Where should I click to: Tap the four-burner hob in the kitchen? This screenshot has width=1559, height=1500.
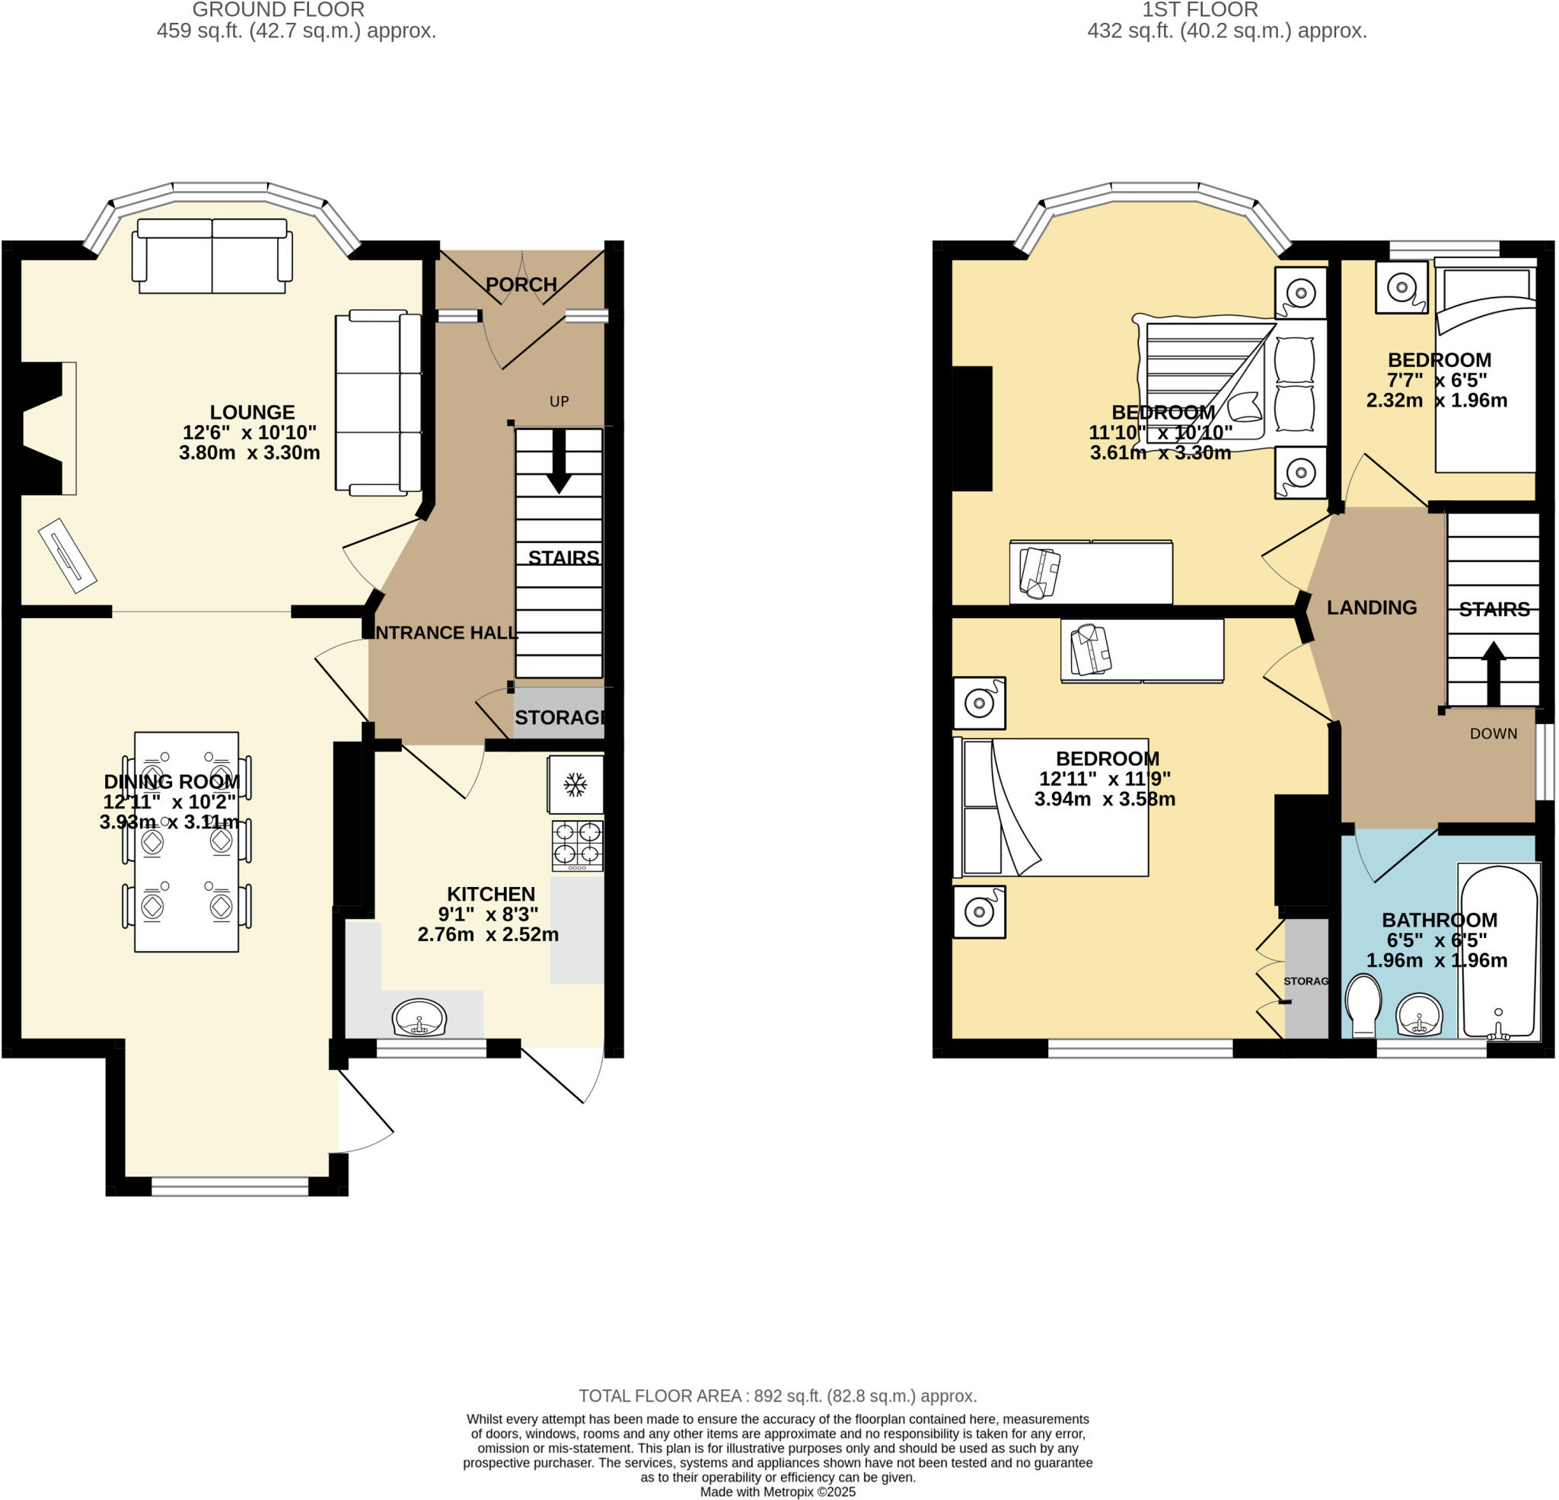point(578,845)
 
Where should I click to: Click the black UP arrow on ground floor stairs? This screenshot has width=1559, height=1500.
point(560,461)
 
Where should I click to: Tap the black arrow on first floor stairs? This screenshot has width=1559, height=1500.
point(1493,672)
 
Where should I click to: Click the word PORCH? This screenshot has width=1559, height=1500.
point(521,284)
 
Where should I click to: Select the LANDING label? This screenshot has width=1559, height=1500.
point(1371,608)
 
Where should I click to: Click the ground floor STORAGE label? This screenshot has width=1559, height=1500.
point(560,717)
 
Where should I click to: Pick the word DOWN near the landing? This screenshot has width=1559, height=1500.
point(1493,734)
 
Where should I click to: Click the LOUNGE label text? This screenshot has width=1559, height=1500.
point(252,412)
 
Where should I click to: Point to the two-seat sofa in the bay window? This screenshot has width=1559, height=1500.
point(212,257)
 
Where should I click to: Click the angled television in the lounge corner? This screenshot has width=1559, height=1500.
point(67,554)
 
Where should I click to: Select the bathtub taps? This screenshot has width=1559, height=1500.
point(1499,1031)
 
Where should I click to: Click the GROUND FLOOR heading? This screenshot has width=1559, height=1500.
point(279,11)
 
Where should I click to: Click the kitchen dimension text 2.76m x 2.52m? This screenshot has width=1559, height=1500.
point(488,934)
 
